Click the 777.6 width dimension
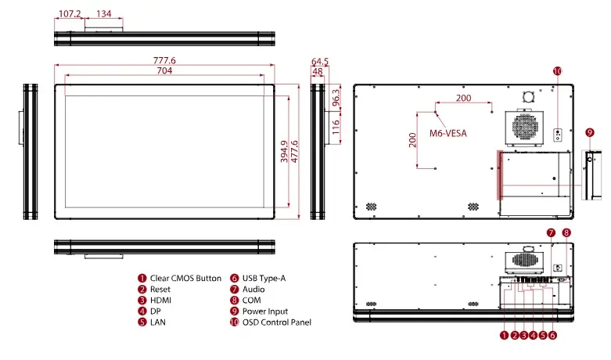click(164, 60)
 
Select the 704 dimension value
click(164, 70)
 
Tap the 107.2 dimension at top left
click(70, 13)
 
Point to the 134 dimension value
click(103, 13)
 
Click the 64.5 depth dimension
click(320, 62)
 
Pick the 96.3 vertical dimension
click(336, 97)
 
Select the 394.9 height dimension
click(285, 152)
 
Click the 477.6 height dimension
click(295, 152)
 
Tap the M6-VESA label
click(448, 133)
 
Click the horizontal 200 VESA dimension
click(464, 98)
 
